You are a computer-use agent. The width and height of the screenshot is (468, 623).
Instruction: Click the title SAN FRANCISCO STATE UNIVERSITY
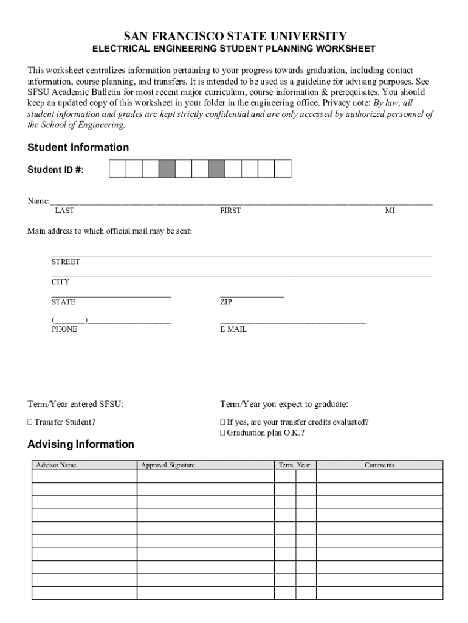click(x=233, y=36)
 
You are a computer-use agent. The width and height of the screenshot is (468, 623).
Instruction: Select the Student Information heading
click(x=78, y=147)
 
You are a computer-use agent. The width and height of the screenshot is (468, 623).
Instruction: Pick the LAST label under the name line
click(x=64, y=211)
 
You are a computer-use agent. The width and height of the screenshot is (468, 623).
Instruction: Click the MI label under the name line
click(x=390, y=211)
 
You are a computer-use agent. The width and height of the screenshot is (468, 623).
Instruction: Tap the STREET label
click(x=66, y=262)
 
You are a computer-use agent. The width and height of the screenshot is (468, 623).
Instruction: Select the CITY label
click(x=60, y=282)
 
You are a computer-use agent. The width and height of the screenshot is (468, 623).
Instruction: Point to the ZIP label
click(x=226, y=302)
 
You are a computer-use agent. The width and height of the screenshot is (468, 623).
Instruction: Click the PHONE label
click(x=64, y=329)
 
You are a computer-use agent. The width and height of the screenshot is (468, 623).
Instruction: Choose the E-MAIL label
click(x=233, y=329)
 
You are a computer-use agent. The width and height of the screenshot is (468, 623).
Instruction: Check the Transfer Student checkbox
click(x=30, y=422)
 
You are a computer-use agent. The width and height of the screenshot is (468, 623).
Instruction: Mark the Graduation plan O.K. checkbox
click(x=222, y=433)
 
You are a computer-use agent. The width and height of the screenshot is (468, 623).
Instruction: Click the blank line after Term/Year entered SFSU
click(x=171, y=405)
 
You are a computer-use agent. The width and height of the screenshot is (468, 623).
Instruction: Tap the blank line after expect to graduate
click(x=394, y=405)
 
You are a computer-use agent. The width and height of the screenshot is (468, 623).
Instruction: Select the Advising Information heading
click(x=81, y=444)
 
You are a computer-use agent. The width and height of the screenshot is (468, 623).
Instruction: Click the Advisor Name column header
click(x=57, y=465)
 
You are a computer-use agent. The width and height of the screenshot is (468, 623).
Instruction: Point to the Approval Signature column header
click(x=168, y=465)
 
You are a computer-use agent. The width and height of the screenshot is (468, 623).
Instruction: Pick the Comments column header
click(x=379, y=465)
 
